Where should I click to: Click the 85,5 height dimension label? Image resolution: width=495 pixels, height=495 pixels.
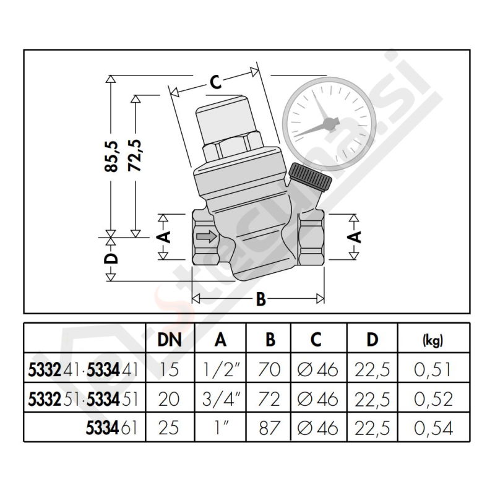tap(111, 157)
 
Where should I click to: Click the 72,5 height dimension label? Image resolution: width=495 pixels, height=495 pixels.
tap(135, 155)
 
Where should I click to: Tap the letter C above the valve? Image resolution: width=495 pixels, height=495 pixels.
tap(215, 82)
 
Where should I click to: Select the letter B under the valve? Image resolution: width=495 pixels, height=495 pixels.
tap(260, 299)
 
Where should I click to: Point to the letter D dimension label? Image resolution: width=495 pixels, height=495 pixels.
tap(111, 259)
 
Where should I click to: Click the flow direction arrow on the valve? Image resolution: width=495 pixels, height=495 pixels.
tap(207, 236)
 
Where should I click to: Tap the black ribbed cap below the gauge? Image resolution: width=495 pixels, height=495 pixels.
tap(310, 176)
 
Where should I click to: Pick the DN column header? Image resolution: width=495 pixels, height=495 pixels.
tap(170, 340)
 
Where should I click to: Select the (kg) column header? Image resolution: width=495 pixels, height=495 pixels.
tap(433, 340)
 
